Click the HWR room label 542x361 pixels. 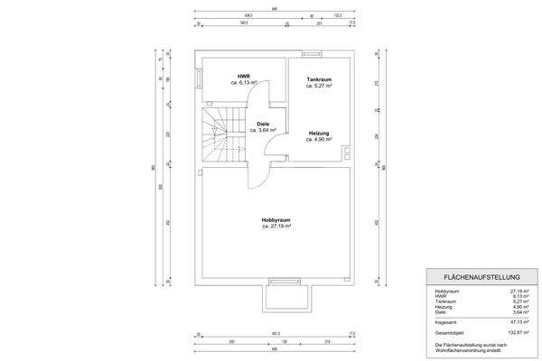point(244,77)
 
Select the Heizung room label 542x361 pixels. point(319,134)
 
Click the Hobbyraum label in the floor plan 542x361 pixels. point(275,219)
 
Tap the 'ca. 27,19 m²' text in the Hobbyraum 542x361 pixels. point(275,226)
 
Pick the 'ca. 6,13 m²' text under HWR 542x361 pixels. point(244,83)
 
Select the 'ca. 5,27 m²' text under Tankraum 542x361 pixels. point(319,87)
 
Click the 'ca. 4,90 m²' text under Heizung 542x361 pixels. point(319,140)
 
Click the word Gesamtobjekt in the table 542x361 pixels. point(449,331)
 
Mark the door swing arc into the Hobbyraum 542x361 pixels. point(257,175)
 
